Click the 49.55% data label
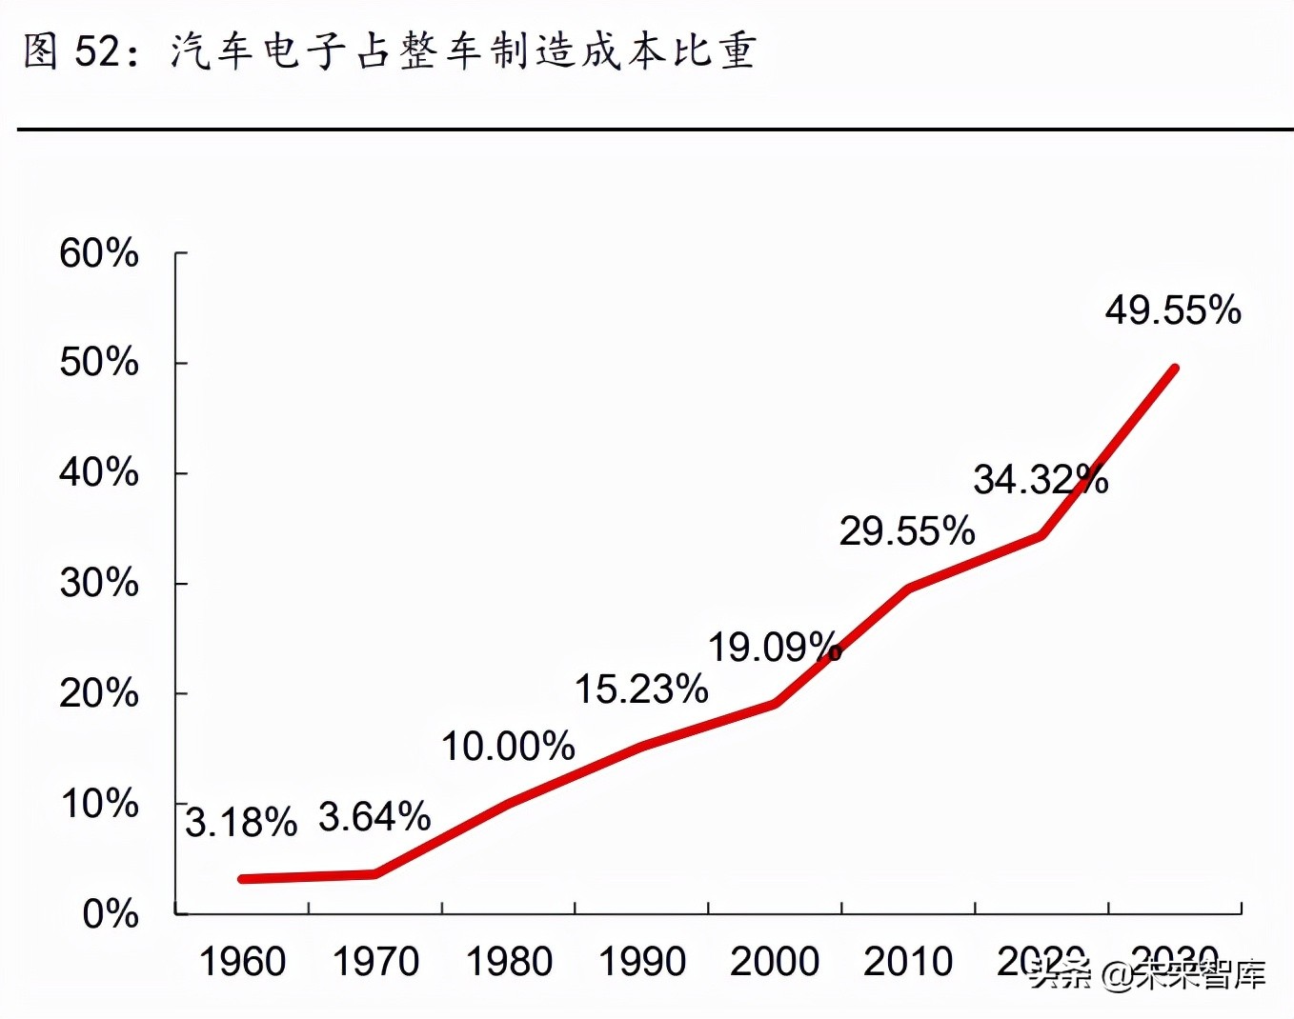[1173, 310]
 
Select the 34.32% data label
[1041, 479]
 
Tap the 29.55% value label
[907, 531]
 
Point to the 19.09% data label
[775, 648]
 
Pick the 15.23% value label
[641, 689]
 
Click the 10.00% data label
[508, 747]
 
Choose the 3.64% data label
[374, 817]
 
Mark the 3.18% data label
[241, 823]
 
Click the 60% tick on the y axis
[99, 253]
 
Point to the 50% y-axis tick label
[99, 363]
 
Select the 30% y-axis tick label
[99, 583]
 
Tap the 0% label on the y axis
[111, 914]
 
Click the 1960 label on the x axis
[242, 962]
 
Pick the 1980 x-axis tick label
[509, 962]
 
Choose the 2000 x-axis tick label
[775, 962]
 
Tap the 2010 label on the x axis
[908, 962]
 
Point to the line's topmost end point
[1175, 369]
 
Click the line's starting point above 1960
[243, 879]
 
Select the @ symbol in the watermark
[1117, 974]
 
